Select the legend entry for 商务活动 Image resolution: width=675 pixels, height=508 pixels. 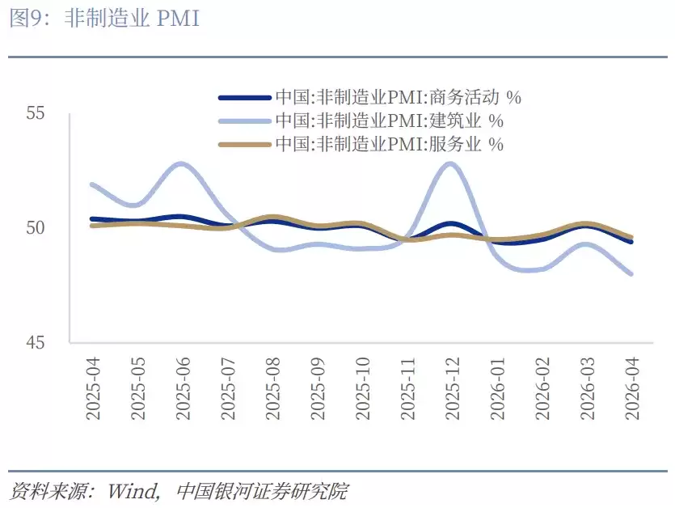pos(397,98)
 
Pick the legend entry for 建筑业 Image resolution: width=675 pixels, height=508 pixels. pos(388,121)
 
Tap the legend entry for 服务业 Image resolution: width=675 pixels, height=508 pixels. pos(388,145)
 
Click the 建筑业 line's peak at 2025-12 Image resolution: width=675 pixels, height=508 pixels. pos(450,164)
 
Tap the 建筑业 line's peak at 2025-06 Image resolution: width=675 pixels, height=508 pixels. pos(181,164)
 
